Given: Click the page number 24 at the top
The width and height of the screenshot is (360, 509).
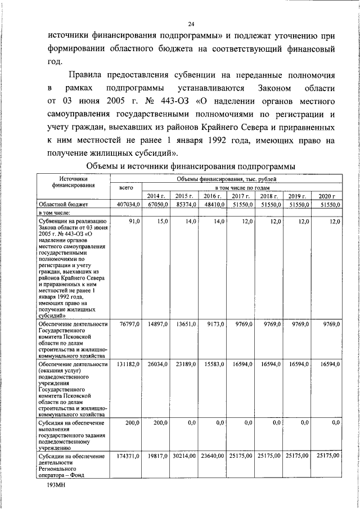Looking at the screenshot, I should pos(191,24).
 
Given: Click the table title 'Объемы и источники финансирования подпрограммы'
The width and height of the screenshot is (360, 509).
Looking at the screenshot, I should pos(191,166).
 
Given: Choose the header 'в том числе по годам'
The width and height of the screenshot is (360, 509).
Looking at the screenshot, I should pos(242,187).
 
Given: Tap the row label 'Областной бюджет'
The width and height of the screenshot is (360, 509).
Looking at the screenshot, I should pos(61,205).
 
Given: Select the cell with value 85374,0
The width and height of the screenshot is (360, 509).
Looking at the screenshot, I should pos(184,205).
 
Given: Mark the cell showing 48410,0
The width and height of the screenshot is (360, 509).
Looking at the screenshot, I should pos(213,205).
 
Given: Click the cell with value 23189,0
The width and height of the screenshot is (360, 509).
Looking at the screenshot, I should pos(185,364).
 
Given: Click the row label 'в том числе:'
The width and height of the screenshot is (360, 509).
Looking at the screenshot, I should pos(54,214).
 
